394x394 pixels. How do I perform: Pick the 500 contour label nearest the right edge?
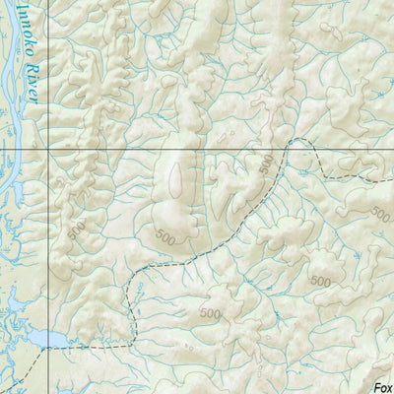[x=380, y=213]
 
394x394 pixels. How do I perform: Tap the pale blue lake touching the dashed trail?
[x=44, y=340]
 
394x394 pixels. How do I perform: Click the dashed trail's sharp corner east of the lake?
[x=132, y=340]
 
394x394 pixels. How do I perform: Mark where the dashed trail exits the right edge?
[x=391, y=179]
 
